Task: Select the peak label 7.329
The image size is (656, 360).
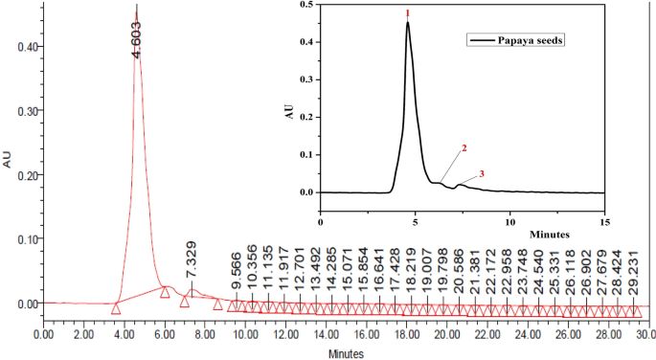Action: [191, 260]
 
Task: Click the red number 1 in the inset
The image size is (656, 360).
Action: [408, 12]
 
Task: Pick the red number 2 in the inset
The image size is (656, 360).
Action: [464, 149]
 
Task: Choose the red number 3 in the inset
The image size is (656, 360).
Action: [482, 173]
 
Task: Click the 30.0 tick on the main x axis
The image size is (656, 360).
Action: [646, 335]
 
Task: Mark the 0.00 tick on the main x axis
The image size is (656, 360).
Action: [43, 335]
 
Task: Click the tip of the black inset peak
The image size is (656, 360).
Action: [408, 23]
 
